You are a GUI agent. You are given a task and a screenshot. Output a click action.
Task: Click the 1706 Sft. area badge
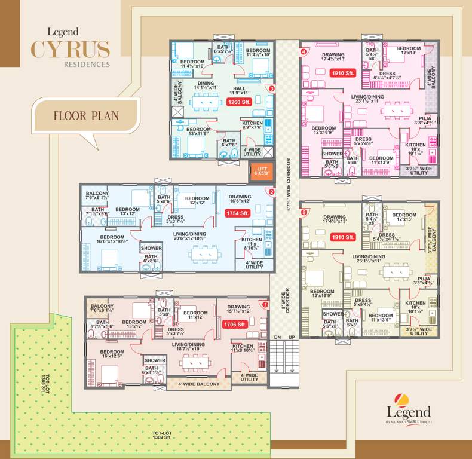[235, 325]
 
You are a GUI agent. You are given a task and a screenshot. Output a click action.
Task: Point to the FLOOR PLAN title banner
[85, 115]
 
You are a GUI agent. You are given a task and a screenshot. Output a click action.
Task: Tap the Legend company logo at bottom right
[408, 411]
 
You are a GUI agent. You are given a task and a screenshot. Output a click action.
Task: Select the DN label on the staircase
[277, 338]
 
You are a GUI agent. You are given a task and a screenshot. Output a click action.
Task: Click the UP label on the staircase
[291, 338]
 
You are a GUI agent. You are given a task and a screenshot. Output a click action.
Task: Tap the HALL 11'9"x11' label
[246, 90]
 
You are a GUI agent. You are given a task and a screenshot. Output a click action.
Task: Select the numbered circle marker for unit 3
[272, 89]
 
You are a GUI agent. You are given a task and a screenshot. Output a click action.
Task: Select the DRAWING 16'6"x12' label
[240, 200]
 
